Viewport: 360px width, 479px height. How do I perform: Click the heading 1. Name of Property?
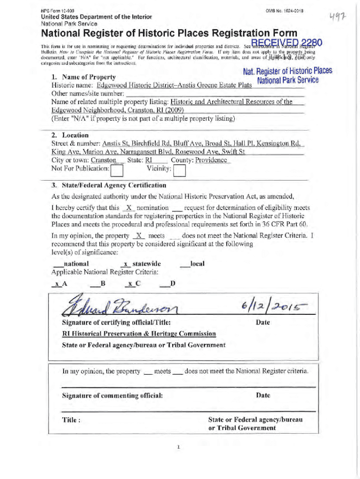(84, 77)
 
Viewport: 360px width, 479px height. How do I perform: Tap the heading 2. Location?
(70, 135)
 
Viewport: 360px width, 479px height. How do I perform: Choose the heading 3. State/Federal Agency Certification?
(108, 185)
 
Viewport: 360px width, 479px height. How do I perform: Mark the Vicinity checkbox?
(179, 169)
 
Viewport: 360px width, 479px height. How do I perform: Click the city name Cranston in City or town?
(103, 160)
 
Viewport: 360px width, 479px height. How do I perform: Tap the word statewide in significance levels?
(147, 264)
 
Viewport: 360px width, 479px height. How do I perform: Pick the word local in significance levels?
(197, 264)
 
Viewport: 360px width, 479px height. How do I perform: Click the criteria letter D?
(173, 283)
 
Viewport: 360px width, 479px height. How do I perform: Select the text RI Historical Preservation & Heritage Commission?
(139, 334)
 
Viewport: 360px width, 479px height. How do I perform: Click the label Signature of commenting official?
(113, 396)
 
